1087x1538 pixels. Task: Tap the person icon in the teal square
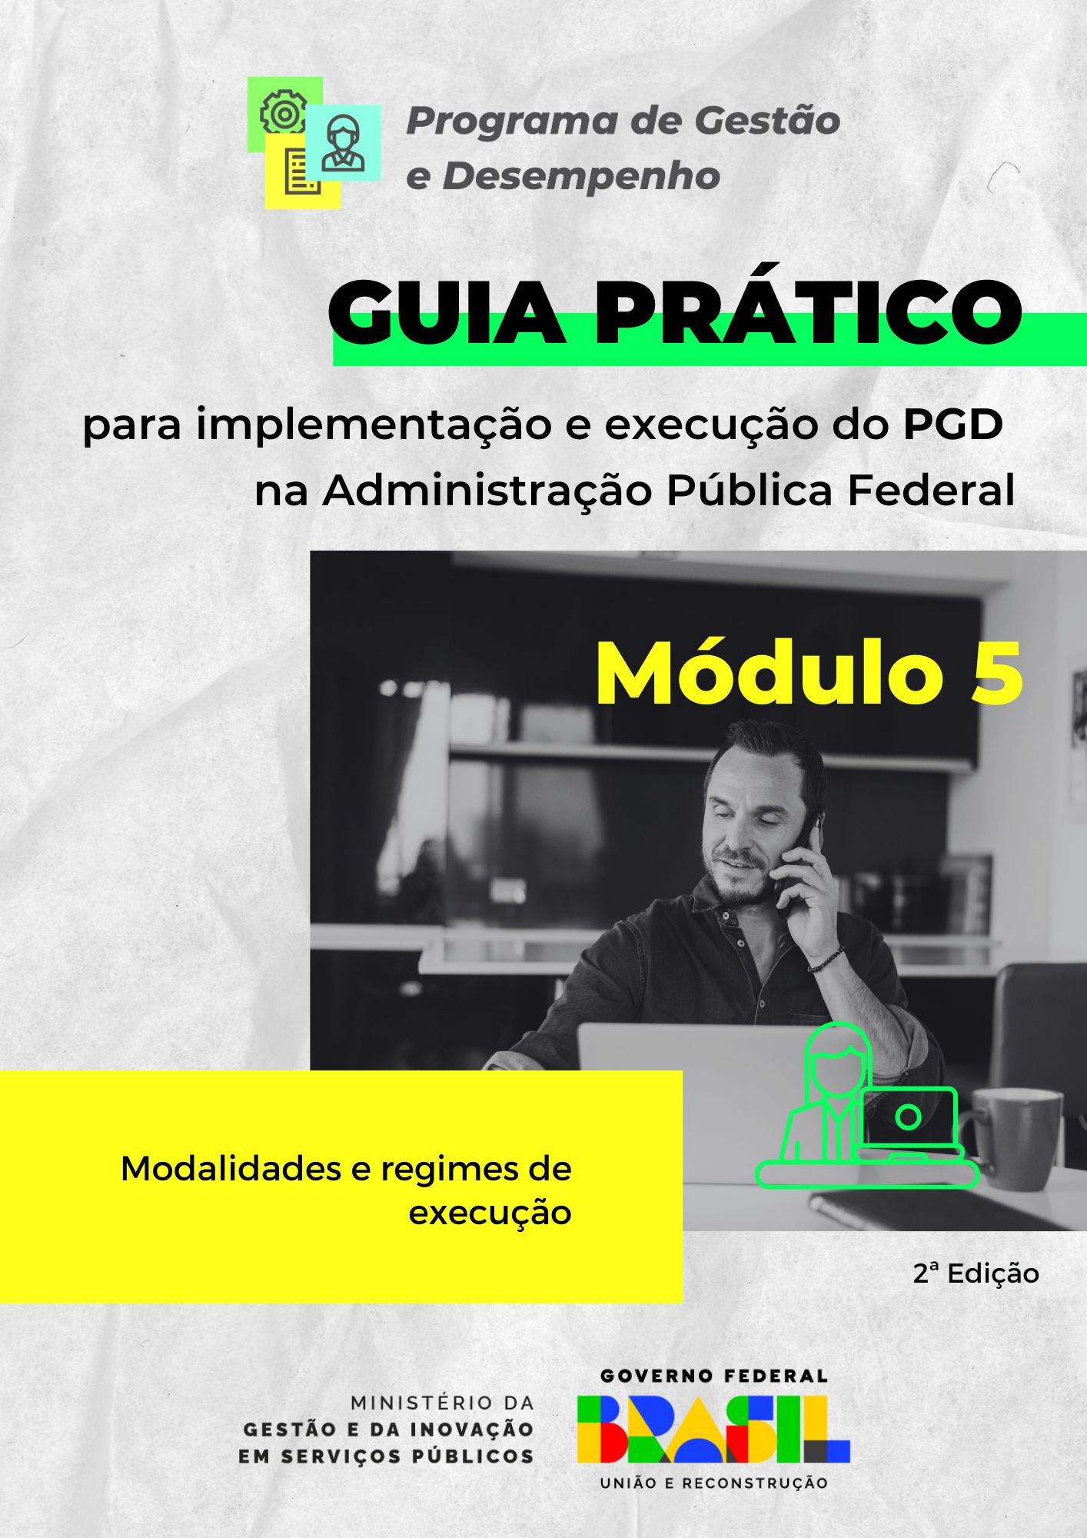tap(343, 143)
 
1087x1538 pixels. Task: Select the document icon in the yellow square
tap(302, 171)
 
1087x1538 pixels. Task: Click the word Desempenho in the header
tap(581, 176)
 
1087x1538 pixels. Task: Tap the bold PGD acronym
tap(952, 424)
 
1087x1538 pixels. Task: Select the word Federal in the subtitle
tap(931, 490)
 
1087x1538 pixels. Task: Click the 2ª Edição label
tap(976, 1273)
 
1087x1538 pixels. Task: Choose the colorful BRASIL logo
tap(713, 1430)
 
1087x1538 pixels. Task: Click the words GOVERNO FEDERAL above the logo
tap(713, 1376)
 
